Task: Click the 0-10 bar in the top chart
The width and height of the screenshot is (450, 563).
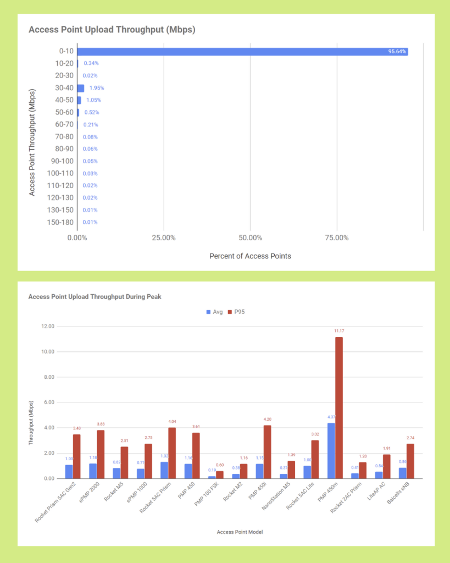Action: pyautogui.click(x=242, y=52)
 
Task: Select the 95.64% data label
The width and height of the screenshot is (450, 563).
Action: pyautogui.click(x=397, y=52)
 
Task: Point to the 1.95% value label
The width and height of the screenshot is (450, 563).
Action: pyautogui.click(x=97, y=88)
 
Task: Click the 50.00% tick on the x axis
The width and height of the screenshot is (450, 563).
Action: pyautogui.click(x=250, y=238)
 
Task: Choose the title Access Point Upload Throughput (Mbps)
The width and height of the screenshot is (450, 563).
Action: pyautogui.click(x=112, y=30)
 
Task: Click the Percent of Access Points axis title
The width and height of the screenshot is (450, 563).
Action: pyautogui.click(x=250, y=256)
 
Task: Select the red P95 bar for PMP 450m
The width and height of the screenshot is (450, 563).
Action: pyautogui.click(x=339, y=407)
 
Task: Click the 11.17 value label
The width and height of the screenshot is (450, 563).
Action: pyautogui.click(x=339, y=331)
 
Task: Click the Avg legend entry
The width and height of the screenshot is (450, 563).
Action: pyautogui.click(x=214, y=312)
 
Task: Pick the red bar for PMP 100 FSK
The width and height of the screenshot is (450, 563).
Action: pyautogui.click(x=220, y=474)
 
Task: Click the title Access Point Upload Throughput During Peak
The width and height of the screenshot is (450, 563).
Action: pyautogui.click(x=95, y=297)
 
